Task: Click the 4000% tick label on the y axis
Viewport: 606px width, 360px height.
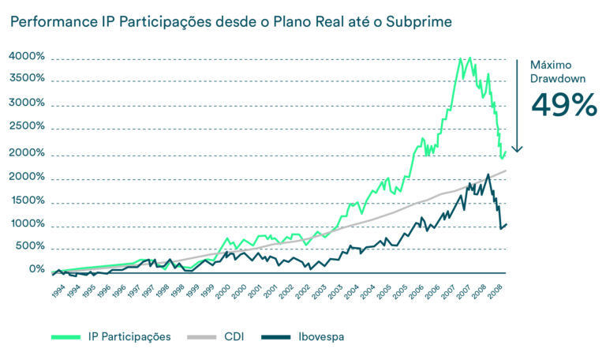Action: tap(27, 57)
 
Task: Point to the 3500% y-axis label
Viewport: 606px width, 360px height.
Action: tap(27, 79)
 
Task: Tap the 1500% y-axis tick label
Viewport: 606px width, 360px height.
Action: tap(27, 201)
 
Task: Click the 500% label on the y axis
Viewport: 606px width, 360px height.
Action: tap(30, 246)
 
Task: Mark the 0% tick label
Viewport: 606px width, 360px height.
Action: tap(36, 269)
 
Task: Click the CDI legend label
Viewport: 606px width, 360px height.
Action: tap(233, 337)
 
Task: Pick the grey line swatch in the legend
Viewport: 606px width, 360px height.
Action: tap(203, 337)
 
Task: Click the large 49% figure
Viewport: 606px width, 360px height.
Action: tap(563, 104)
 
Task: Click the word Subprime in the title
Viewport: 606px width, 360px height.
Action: tap(424, 21)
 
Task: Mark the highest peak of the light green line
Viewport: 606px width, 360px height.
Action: tap(470, 58)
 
